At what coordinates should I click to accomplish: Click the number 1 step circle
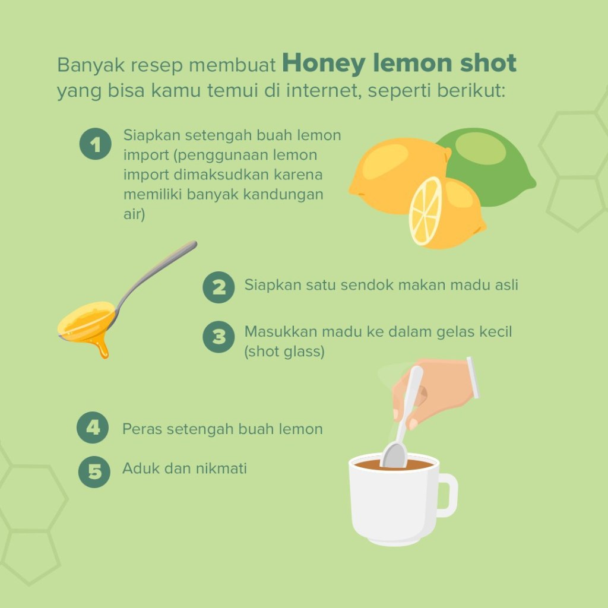pos(96,144)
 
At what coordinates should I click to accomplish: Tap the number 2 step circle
pos(218,287)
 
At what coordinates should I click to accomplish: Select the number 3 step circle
pos(218,337)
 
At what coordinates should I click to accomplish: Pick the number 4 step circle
pos(93,427)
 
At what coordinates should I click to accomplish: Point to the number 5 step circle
pos(94,471)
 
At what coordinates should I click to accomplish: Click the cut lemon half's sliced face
pos(425,211)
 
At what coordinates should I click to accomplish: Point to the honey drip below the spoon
pos(102,347)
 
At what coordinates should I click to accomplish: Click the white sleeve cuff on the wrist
pos(473,378)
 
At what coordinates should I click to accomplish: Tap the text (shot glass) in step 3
pos(284,351)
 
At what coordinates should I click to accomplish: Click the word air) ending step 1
pos(134,214)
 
